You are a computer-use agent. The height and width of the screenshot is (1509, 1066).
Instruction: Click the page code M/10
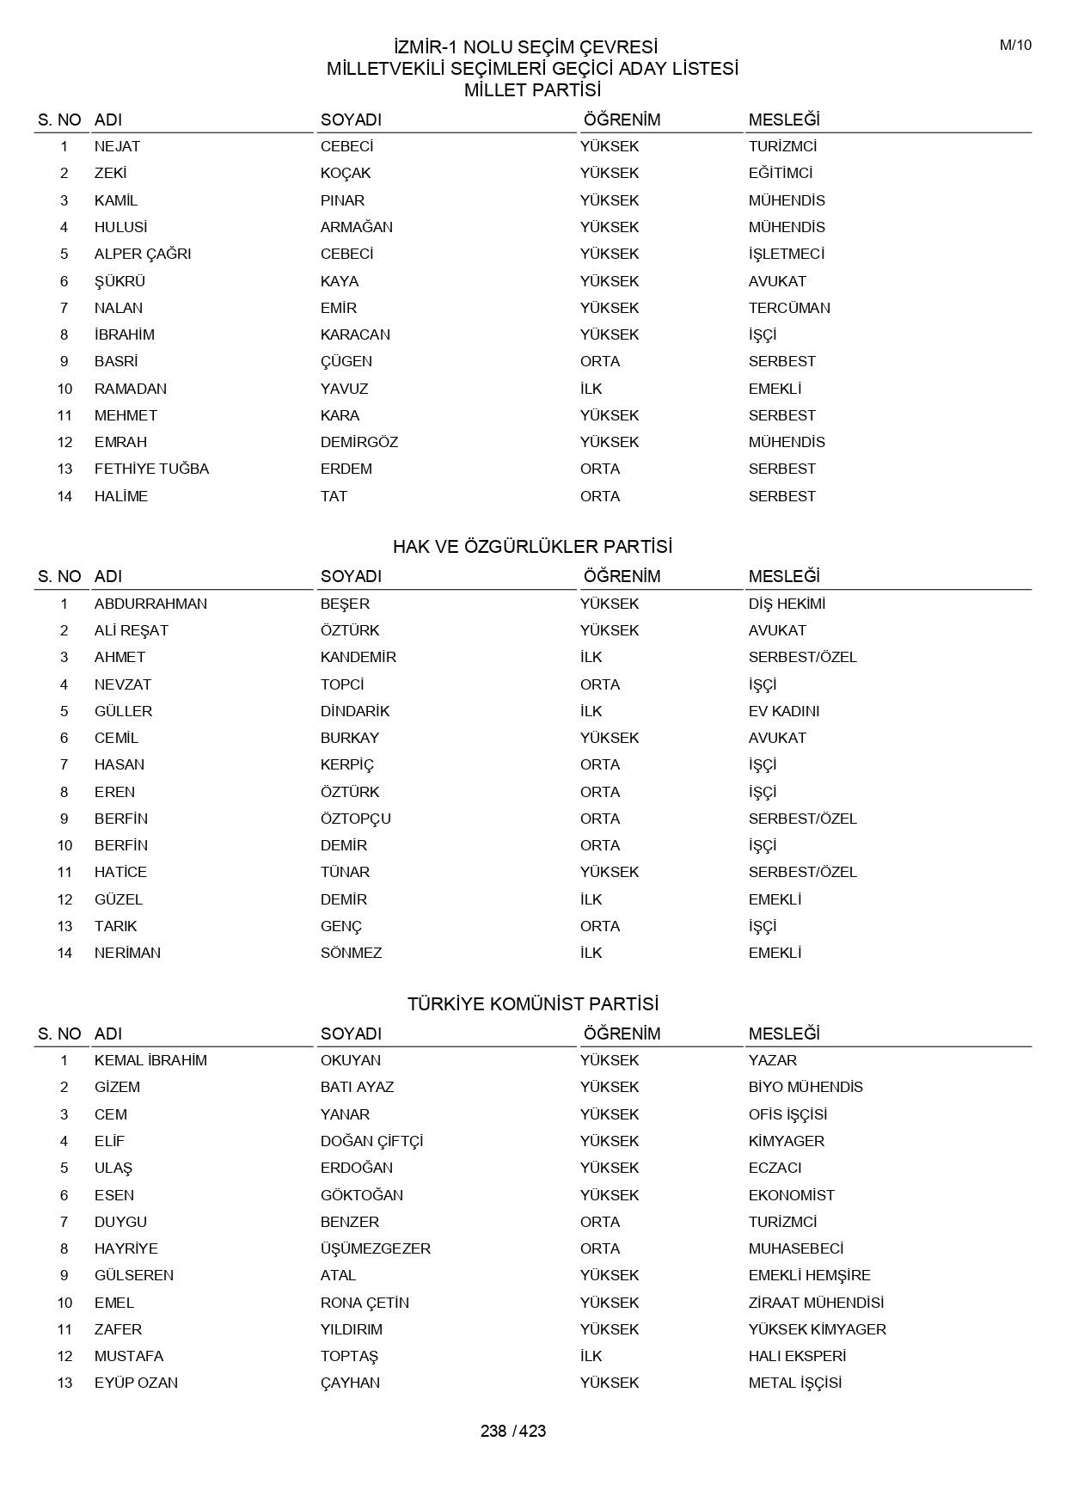[1014, 46]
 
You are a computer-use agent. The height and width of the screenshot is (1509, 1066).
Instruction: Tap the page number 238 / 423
[513, 1431]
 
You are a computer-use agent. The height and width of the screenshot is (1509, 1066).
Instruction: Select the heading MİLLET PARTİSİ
[532, 90]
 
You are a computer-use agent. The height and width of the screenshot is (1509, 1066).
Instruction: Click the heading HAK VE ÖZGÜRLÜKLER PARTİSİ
[532, 547]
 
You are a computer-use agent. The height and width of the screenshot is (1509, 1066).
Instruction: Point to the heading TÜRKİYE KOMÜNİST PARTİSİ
[532, 1004]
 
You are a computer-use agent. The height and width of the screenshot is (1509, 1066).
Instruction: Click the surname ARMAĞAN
[356, 227]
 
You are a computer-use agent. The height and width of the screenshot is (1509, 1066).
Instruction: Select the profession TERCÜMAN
[788, 308]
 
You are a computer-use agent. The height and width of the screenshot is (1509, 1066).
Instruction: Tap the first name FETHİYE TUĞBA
[151, 469]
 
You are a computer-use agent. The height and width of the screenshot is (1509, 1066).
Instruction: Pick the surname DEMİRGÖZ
[358, 442]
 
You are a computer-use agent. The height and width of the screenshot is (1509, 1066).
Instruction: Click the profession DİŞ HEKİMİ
[787, 604]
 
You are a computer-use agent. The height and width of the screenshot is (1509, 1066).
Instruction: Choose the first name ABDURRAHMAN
[150, 604]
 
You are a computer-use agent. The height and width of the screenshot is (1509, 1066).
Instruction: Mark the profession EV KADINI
[783, 711]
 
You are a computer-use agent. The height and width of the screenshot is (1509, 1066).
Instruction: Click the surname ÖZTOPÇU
[355, 819]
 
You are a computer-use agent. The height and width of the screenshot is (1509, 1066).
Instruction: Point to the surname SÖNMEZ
[351, 953]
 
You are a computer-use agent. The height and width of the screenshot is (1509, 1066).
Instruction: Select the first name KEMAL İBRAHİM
[150, 1060]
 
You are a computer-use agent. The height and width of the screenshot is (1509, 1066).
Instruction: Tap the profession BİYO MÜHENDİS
[806, 1087]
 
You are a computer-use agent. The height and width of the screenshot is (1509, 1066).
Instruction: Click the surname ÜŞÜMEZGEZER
[375, 1248]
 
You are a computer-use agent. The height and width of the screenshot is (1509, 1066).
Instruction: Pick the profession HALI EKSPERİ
[797, 1356]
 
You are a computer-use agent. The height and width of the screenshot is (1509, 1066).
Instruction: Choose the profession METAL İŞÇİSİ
[794, 1383]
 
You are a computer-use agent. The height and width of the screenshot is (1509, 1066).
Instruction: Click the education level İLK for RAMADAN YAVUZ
[591, 389]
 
